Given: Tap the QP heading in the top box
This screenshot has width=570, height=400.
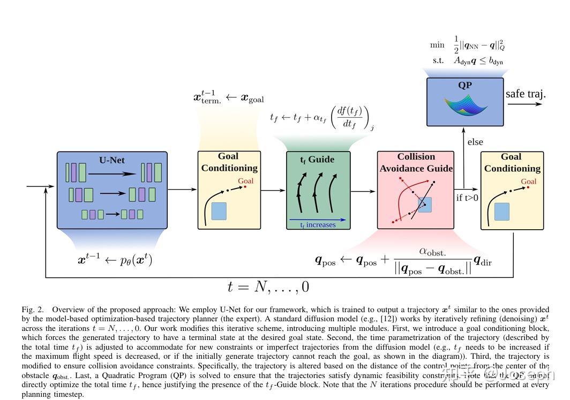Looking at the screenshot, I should tap(464, 85).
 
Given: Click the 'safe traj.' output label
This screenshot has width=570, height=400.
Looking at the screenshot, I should tap(526, 94).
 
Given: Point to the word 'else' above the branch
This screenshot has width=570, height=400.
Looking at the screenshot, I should tap(475, 142).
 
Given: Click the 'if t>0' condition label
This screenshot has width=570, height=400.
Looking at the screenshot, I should tap(467, 198).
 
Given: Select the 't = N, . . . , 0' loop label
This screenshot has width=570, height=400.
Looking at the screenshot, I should tap(268, 286).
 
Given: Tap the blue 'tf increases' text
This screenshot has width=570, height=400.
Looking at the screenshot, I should tap(318, 225).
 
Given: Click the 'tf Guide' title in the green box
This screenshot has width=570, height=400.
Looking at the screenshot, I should tap(317, 160).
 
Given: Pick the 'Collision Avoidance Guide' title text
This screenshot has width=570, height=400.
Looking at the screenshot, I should tap(416, 162).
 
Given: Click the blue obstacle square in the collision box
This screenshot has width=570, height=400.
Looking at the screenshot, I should tap(424, 205).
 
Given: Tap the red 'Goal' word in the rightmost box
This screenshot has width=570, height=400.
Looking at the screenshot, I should tap(528, 182).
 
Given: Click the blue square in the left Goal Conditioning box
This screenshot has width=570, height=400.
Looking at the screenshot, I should tap(219, 211).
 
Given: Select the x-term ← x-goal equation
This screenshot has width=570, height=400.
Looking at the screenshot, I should tap(228, 97).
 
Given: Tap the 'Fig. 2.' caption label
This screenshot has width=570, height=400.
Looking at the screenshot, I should tap(32, 310).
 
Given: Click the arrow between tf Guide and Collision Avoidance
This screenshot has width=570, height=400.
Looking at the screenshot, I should tap(363, 190).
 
